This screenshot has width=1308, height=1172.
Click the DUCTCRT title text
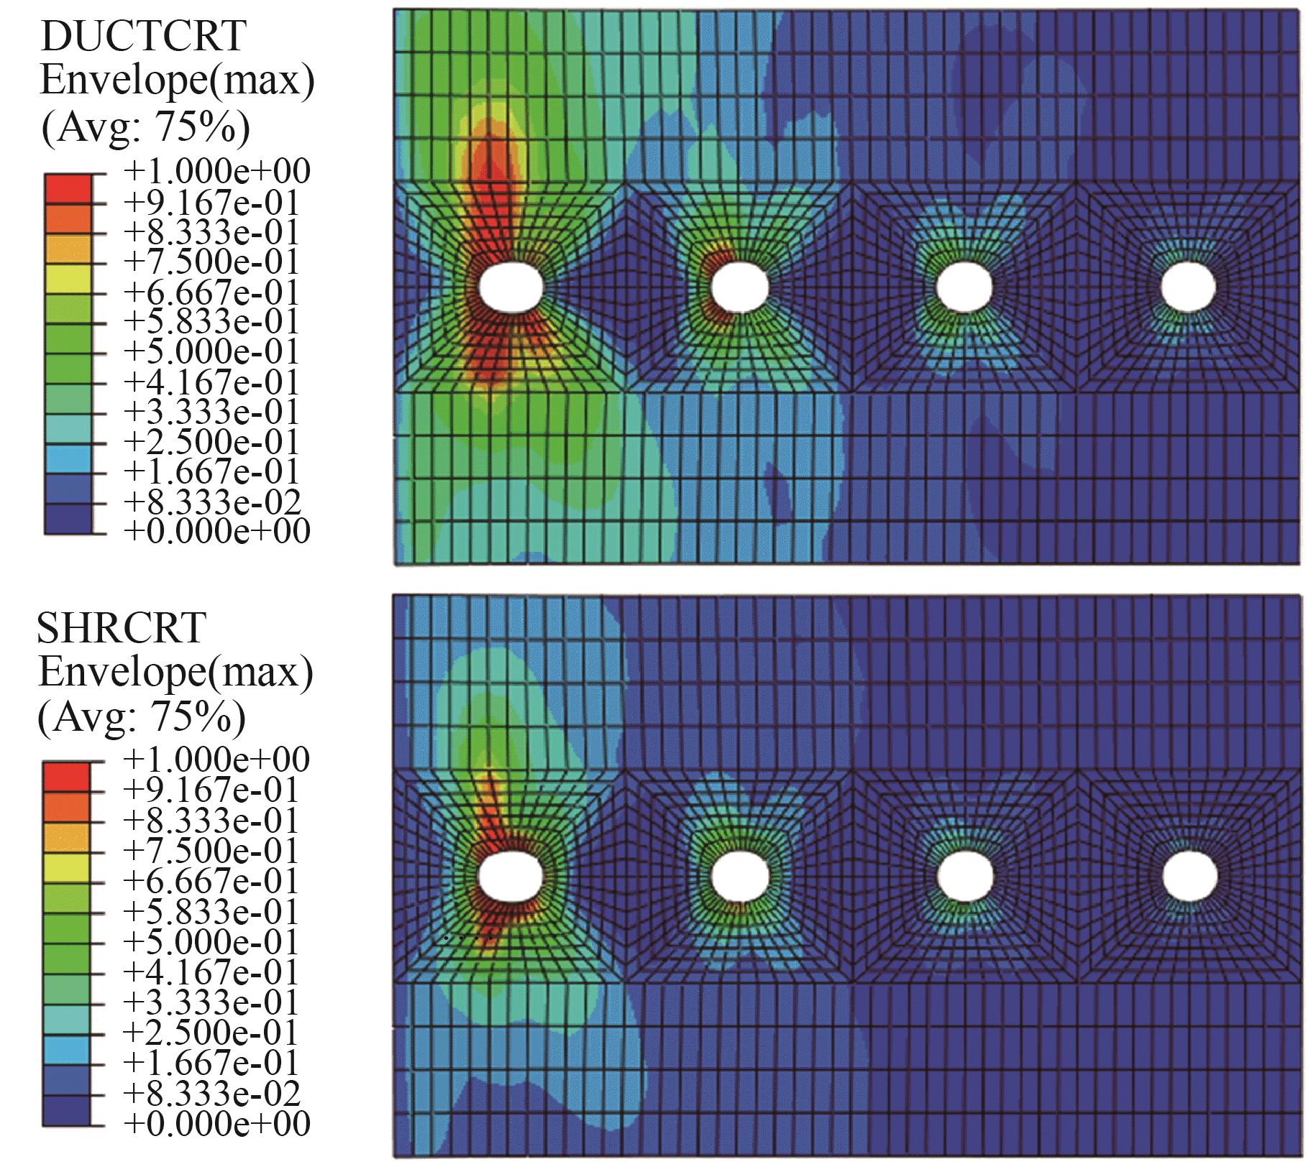click(x=142, y=36)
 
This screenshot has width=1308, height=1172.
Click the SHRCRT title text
click(x=121, y=627)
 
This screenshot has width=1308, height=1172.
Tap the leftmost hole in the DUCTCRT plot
click(x=511, y=287)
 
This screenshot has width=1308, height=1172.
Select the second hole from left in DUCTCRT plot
click(x=741, y=287)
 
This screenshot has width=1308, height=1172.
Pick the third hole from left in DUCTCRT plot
click(x=965, y=287)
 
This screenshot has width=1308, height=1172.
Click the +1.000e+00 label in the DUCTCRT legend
click(x=216, y=172)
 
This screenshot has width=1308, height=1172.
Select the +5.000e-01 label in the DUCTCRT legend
click(x=211, y=351)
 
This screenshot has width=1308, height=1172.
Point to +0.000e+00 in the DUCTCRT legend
click(x=216, y=532)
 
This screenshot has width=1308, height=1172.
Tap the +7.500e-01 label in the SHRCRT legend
click(x=211, y=852)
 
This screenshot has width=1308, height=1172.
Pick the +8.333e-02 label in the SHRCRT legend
click(x=211, y=1093)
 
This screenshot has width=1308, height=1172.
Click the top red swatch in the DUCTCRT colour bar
click(x=68, y=188)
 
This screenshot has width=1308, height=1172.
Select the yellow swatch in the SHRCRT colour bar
click(x=66, y=867)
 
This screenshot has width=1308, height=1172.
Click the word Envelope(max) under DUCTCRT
click(x=177, y=81)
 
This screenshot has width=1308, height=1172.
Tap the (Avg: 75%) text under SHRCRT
click(x=142, y=716)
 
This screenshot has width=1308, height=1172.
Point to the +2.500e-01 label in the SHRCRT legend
click(x=211, y=1033)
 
